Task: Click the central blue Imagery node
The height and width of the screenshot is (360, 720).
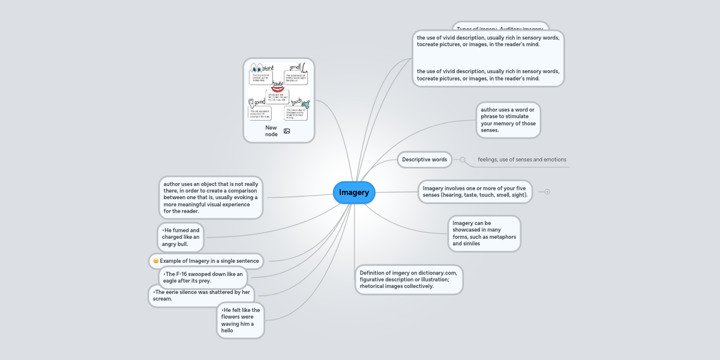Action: click(354, 193)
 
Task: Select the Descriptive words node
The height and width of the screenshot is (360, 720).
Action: click(425, 160)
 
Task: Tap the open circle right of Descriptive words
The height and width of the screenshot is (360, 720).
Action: click(463, 160)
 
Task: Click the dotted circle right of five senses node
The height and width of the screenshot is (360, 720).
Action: click(547, 191)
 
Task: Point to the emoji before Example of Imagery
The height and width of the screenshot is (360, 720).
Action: click(156, 261)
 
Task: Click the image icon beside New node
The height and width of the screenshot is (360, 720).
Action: click(287, 131)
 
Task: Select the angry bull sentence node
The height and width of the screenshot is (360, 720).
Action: click(181, 237)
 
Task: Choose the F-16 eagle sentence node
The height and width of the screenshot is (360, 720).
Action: click(203, 277)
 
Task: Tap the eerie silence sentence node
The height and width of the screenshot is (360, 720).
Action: click(201, 295)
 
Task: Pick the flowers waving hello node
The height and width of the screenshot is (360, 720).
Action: click(240, 320)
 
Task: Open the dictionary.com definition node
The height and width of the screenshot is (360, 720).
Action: click(409, 280)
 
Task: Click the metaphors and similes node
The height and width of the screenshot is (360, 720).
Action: click(484, 233)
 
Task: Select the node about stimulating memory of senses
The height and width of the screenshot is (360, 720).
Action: click(508, 120)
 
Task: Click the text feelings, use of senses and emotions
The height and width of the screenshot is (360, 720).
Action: click(521, 160)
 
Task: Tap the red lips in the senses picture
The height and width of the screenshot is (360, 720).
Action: click(277, 89)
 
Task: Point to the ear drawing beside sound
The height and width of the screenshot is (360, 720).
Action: click(253, 103)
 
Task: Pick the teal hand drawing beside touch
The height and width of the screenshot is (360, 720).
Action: click(305, 103)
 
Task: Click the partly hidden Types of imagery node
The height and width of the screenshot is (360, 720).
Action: click(500, 26)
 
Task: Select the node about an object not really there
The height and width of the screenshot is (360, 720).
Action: click(211, 197)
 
